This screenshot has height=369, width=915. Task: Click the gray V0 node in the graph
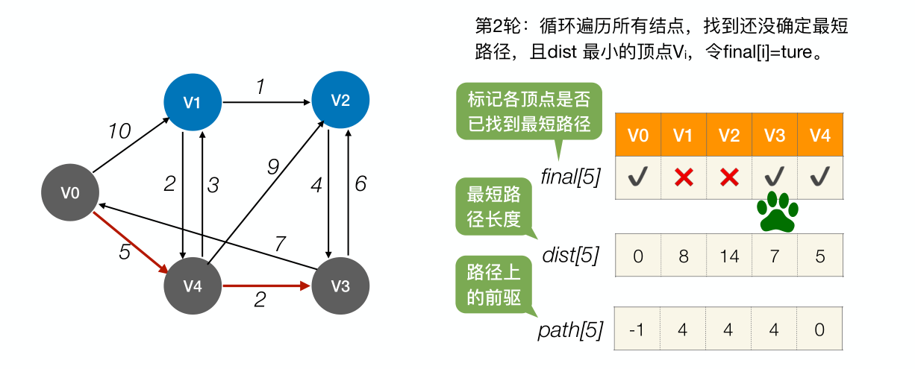click(70, 193)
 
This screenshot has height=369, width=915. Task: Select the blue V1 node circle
click(193, 103)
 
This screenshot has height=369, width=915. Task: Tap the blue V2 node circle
click(340, 101)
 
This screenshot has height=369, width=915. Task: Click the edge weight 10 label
click(119, 132)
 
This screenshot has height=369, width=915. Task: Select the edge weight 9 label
click(273, 168)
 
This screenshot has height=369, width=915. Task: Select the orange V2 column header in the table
click(729, 135)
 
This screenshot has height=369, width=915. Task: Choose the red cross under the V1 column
click(683, 177)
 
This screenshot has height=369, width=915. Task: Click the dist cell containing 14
click(729, 256)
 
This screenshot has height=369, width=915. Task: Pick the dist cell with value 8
click(683, 256)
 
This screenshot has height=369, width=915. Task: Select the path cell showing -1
click(637, 329)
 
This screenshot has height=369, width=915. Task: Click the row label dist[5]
click(571, 255)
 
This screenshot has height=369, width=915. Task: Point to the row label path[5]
click(571, 329)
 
